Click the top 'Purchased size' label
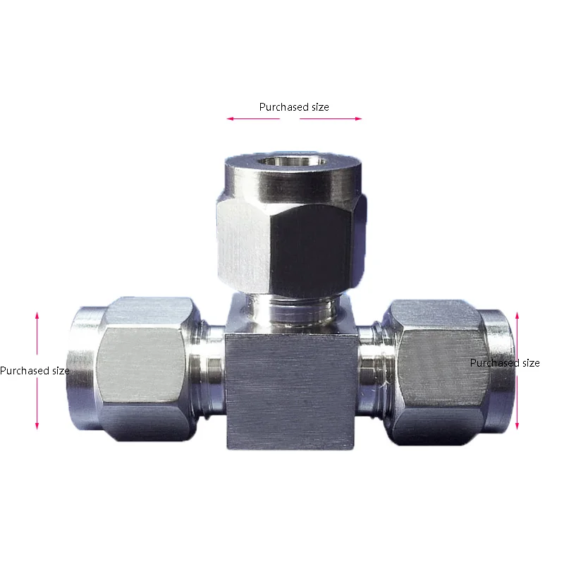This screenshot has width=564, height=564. [x=294, y=107]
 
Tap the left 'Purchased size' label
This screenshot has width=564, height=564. [x=35, y=370]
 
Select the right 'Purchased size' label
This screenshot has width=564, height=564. [x=505, y=362]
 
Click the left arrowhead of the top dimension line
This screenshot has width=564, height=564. [x=229, y=118]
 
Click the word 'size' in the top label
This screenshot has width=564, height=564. [x=319, y=107]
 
